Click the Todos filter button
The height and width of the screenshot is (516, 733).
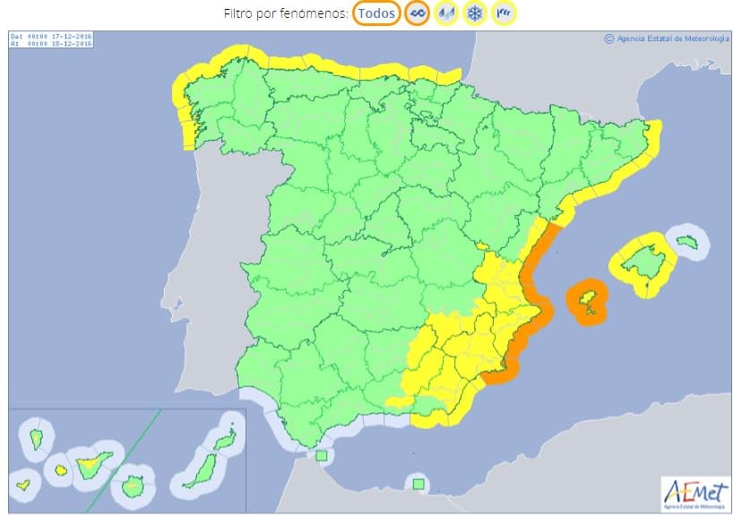point(376,13)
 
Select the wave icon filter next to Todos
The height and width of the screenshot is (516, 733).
point(417,13)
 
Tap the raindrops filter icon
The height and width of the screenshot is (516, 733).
point(445,13)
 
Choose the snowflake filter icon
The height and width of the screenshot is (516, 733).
point(476,13)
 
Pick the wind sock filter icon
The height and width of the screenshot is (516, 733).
point(505,13)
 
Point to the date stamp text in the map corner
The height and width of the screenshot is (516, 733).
point(50,40)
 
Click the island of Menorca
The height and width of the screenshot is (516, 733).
point(687,241)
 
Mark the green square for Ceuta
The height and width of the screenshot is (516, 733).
point(322,456)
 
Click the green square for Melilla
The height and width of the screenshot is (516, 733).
point(418,484)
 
